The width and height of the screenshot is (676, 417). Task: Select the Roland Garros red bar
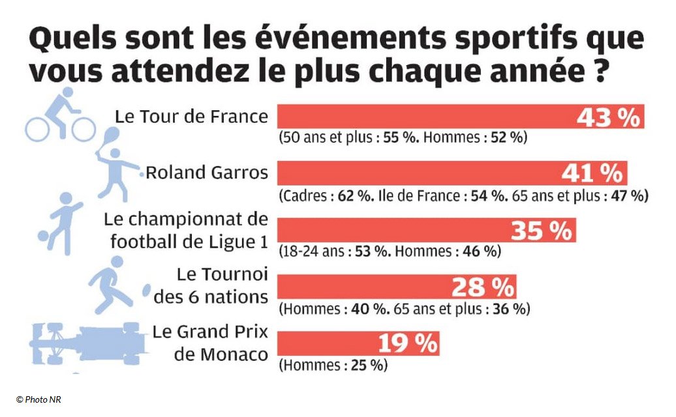point(418,173)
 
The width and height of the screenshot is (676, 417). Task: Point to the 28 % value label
point(483,287)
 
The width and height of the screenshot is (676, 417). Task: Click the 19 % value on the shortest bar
point(408,343)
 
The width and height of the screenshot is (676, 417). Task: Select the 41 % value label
point(592,173)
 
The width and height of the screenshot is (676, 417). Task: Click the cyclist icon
point(59,117)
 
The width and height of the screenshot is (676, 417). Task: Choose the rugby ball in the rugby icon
point(146,289)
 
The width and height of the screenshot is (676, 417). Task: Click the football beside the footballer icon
point(43,238)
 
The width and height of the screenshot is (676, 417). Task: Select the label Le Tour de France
point(191,117)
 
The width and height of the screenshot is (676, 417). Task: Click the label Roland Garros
point(206,173)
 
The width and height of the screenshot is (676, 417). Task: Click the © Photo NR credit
point(38,399)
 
